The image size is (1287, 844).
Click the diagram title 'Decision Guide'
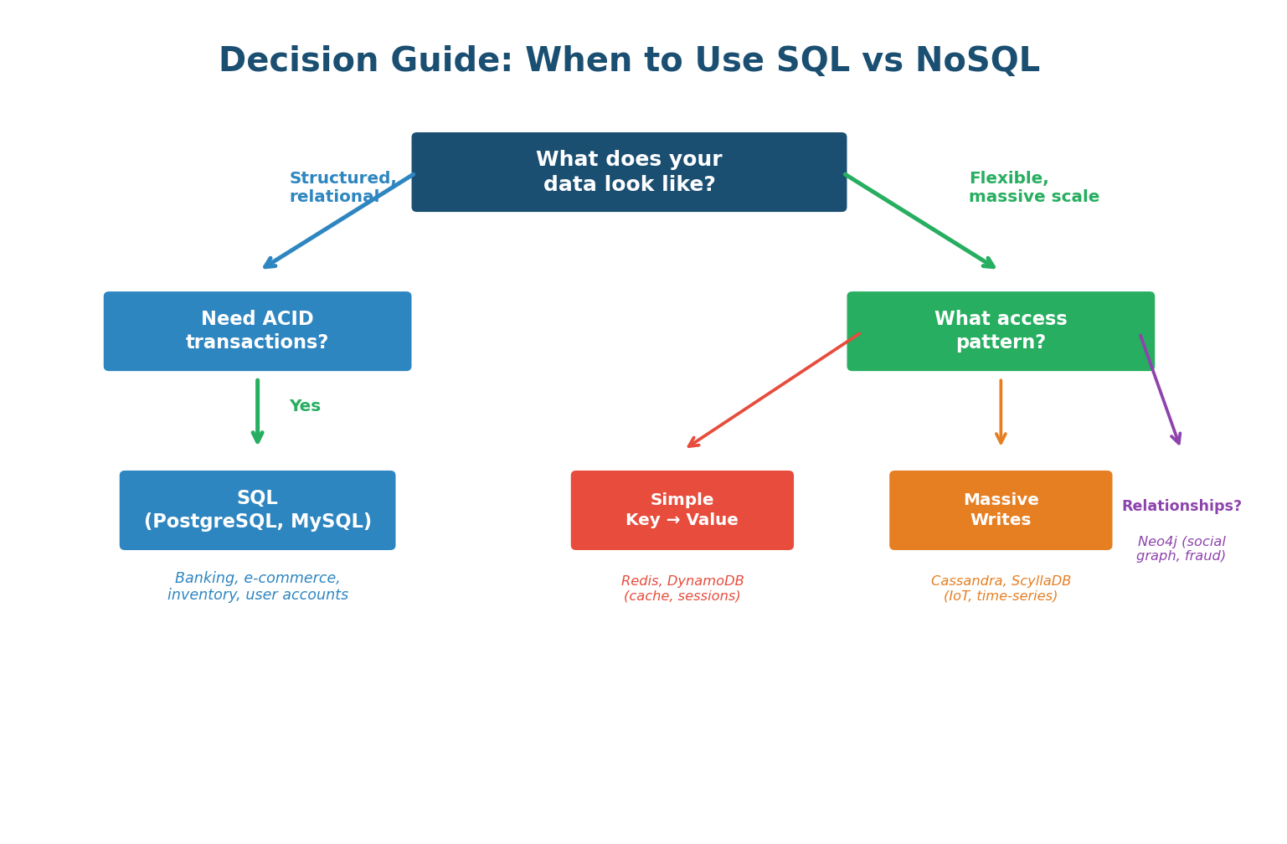pos(629,61)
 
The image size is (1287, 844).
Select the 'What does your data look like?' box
pos(629,172)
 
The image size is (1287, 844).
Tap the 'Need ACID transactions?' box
pos(257,331)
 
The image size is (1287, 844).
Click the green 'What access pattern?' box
pos(1000,331)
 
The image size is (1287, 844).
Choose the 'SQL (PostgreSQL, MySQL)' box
pos(257,510)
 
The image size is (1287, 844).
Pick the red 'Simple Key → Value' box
pos(682,510)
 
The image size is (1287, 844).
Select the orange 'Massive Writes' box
pos(1000,510)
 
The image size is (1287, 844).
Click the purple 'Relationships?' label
pos(1181,507)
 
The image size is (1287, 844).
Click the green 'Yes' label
pos(305,406)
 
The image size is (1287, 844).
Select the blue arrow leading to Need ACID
pos(338,221)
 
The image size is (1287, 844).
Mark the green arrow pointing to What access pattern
pos(919,221)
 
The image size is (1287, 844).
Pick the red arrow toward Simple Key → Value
pos(773,390)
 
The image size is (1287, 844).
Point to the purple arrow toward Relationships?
pos(1160,389)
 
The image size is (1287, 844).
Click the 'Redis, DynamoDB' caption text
pos(682,589)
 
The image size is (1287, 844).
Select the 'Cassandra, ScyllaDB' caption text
pos(1000,589)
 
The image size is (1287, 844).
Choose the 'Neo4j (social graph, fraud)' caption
pos(1181,549)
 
